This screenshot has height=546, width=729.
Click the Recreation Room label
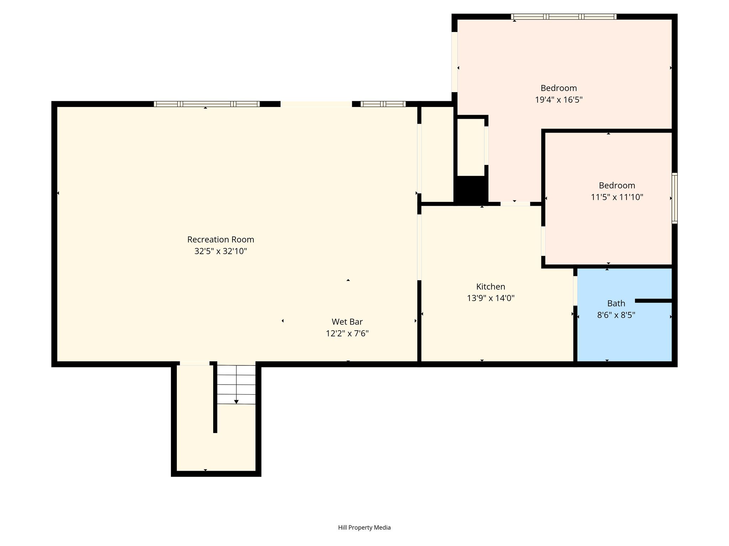pyautogui.click(x=221, y=240)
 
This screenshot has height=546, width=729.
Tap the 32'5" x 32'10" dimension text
pyautogui.click(x=221, y=251)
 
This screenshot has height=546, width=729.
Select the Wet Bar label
pyautogui.click(x=347, y=322)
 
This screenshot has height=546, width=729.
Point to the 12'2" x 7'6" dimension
pyautogui.click(x=347, y=333)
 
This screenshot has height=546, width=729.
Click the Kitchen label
pyautogui.click(x=491, y=287)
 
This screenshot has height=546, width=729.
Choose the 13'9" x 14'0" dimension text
pyautogui.click(x=491, y=298)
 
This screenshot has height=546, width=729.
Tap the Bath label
pyautogui.click(x=616, y=303)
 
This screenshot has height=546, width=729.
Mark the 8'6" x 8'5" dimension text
pyautogui.click(x=616, y=315)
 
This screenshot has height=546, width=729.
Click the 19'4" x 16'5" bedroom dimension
pyautogui.click(x=558, y=100)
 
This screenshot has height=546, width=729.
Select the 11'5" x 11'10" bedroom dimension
pyautogui.click(x=617, y=197)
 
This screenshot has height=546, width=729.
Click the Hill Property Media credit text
pyautogui.click(x=364, y=528)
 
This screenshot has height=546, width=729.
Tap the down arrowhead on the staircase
pyautogui.click(x=236, y=402)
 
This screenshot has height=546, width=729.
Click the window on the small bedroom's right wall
pyautogui.click(x=675, y=198)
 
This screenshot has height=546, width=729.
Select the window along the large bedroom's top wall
pyautogui.click(x=564, y=16)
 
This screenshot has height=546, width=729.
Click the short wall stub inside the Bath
pyautogui.click(x=654, y=301)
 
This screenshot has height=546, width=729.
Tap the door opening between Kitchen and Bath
pyautogui.click(x=575, y=290)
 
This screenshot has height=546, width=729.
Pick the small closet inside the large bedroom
pyautogui.click(x=471, y=147)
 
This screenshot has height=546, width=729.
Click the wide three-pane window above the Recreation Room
pyautogui.click(x=207, y=104)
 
